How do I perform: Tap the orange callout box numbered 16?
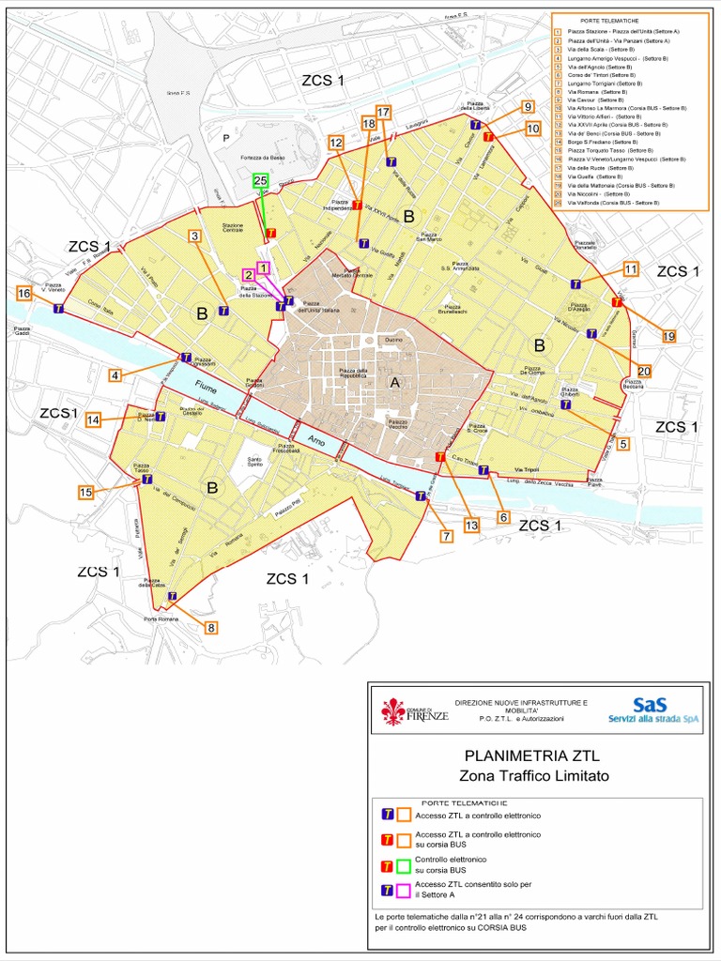coord(23,294)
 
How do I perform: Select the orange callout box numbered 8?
coord(211,628)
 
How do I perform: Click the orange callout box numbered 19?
coord(668,336)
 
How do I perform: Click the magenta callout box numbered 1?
coord(264,267)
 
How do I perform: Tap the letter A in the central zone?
coord(394,382)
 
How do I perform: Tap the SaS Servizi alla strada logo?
coord(654,710)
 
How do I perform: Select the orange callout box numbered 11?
coord(631,269)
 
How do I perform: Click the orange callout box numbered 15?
coord(85,492)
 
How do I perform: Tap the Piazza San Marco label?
coord(429,236)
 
